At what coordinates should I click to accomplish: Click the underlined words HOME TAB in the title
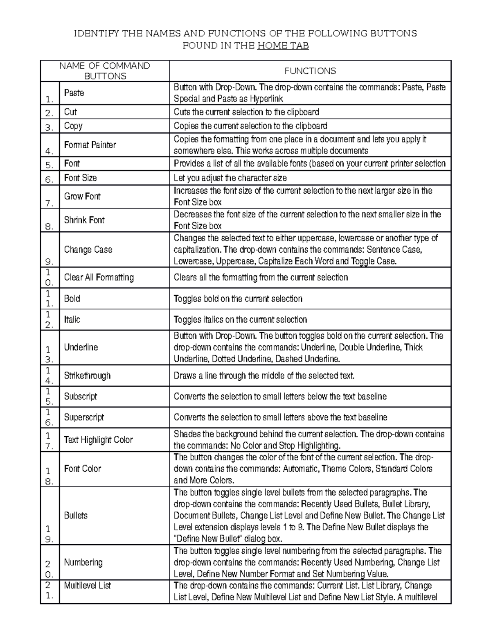tap(283, 45)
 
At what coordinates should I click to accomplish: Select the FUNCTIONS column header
tap(310, 71)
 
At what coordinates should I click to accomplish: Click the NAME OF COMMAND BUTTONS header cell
tap(105, 71)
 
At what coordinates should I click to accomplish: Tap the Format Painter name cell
tap(90, 145)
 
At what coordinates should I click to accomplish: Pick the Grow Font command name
tap(82, 196)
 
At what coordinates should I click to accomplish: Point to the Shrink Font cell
tap(84, 220)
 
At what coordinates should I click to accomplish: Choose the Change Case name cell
tap(88, 249)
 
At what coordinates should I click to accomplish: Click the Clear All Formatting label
tap(99, 277)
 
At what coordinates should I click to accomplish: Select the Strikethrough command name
tap(87, 376)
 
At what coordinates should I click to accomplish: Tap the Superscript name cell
tap(84, 417)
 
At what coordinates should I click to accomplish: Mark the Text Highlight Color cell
tap(98, 440)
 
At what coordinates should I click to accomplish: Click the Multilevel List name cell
tap(87, 586)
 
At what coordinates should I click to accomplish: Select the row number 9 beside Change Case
tap(50, 261)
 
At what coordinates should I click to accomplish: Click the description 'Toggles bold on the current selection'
tap(238, 299)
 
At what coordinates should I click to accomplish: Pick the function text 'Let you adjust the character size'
tap(230, 178)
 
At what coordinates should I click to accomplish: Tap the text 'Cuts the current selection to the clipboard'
tap(246, 112)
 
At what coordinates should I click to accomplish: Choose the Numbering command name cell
tap(83, 562)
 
